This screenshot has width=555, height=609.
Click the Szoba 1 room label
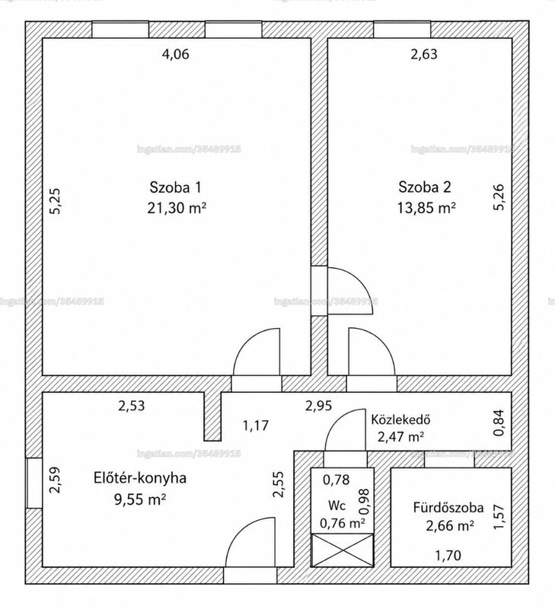click(176, 187)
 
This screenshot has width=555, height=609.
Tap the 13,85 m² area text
click(426, 208)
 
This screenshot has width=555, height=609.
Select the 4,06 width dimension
click(175, 54)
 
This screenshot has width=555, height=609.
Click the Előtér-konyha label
click(140, 478)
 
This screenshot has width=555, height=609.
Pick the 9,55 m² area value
click(140, 499)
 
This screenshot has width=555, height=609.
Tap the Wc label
click(337, 505)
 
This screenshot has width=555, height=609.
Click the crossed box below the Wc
click(342, 550)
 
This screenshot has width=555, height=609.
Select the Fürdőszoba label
click(448, 508)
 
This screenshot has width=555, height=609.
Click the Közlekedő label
click(400, 419)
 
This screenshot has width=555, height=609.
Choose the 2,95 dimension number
click(318, 406)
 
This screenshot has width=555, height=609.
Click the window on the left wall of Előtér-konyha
click(34, 483)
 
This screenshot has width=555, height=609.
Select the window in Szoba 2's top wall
click(403, 30)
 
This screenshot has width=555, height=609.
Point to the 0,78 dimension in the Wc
click(337, 480)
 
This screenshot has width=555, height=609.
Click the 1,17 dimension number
click(256, 426)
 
